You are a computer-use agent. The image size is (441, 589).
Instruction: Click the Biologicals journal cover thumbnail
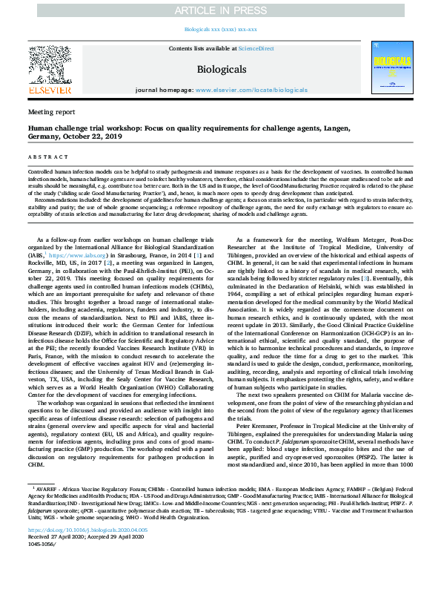(x=393, y=68)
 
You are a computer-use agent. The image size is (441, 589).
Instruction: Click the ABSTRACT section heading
(x=45, y=157)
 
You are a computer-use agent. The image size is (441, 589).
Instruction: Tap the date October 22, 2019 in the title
(x=105, y=136)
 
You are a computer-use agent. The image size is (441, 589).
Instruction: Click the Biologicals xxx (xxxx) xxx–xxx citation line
(x=220, y=30)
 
